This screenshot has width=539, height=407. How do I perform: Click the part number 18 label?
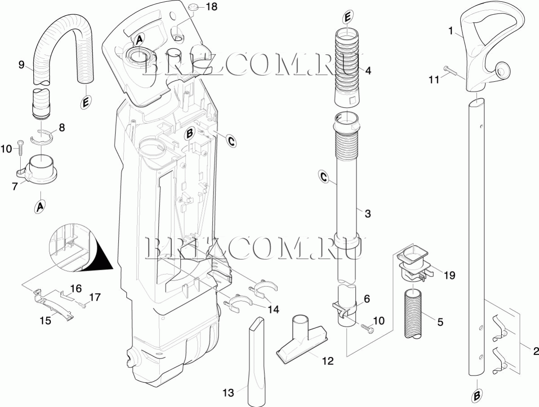pos(212,7)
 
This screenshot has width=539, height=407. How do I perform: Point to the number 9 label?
pos(22,64)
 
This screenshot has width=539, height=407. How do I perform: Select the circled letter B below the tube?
pos(477,396)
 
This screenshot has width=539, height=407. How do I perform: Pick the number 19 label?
pos(449,275)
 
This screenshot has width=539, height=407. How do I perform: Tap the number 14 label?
pos(274,310)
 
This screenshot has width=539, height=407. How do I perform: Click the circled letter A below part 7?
pos(40,206)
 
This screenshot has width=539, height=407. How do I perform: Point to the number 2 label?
pos(535,351)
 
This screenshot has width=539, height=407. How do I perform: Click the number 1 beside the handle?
pos(450,31)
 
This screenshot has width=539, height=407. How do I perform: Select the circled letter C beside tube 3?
pos(324,177)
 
